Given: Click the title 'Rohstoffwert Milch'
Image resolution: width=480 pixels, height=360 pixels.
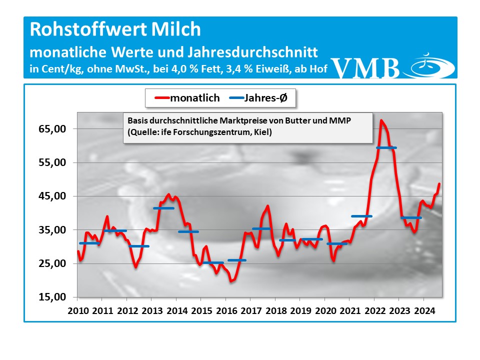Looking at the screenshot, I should (115, 29).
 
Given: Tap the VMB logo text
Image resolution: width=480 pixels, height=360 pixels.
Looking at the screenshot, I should (365, 68).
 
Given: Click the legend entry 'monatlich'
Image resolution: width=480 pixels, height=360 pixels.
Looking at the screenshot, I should (194, 98).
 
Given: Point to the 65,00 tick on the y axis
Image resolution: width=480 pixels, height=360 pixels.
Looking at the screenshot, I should (53, 129).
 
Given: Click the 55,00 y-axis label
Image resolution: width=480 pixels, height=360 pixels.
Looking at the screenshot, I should (53, 162).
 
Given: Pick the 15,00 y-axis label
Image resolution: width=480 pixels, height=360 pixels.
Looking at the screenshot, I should (53, 297).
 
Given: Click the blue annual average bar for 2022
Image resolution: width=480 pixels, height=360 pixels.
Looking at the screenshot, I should (386, 147).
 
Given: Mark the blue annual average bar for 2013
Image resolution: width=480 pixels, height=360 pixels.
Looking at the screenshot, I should (163, 208).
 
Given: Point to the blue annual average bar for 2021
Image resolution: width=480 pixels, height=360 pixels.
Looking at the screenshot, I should (361, 216).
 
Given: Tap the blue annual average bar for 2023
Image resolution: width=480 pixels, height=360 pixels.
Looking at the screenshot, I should (411, 217).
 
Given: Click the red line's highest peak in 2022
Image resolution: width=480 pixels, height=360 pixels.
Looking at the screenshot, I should (381, 120).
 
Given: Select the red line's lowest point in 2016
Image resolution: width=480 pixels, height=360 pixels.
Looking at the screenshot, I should (231, 281).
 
